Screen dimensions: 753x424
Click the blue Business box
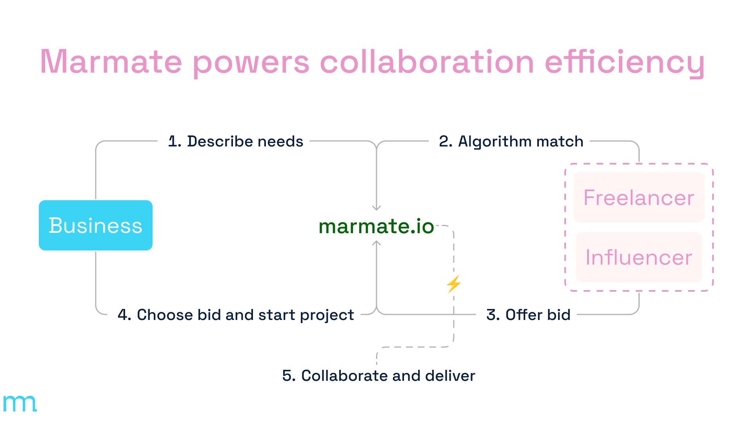(96, 225)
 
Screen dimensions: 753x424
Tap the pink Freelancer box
(639, 197)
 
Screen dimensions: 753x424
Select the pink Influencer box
(639, 257)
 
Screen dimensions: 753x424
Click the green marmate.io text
(376, 226)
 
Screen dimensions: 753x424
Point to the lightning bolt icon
(454, 284)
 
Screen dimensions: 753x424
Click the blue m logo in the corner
(20, 403)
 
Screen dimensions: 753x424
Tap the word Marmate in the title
(111, 62)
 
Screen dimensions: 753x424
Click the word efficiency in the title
(625, 63)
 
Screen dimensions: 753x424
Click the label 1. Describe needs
(236, 141)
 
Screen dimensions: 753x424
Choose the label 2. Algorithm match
(511, 141)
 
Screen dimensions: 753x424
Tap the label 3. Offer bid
(528, 315)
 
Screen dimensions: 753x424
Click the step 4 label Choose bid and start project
(236, 315)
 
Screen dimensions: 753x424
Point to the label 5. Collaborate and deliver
(378, 376)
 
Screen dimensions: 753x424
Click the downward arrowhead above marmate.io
(376, 208)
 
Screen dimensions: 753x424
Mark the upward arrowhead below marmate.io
(376, 243)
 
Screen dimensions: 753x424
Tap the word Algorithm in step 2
(494, 142)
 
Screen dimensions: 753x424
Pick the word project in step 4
(327, 316)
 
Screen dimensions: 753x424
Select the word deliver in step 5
(450, 376)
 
